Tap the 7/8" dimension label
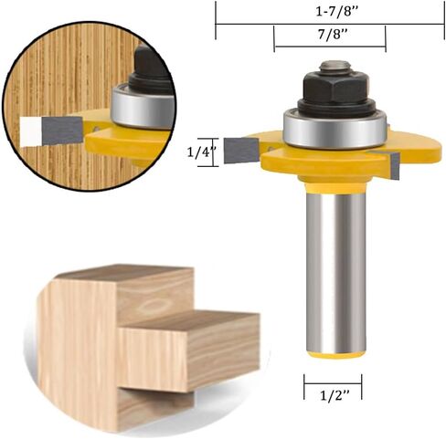click(x=334, y=35)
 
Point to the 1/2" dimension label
click(x=334, y=395)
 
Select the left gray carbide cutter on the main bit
click(x=241, y=151)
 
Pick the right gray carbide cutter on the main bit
click(x=395, y=166)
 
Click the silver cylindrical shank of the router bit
click(x=335, y=271)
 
